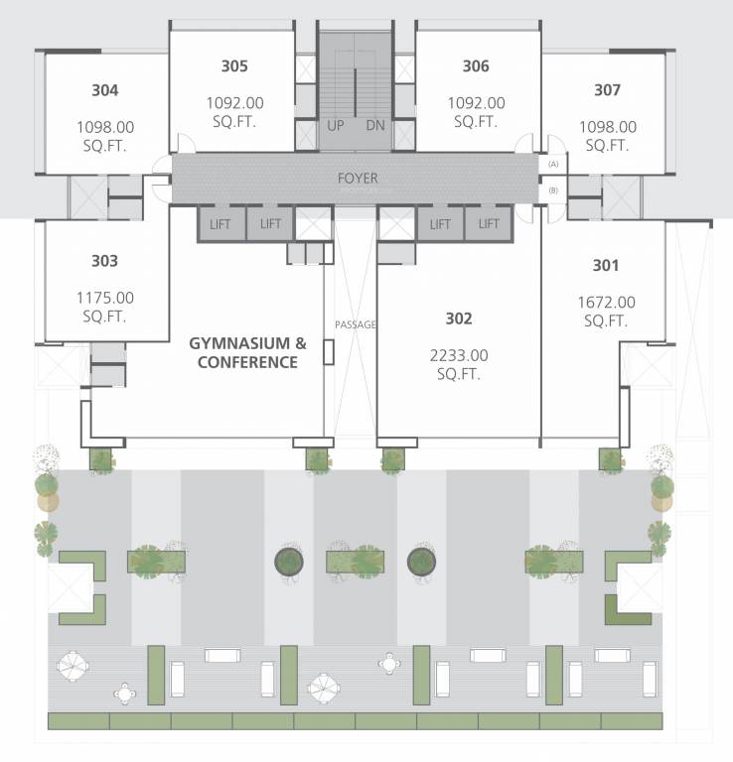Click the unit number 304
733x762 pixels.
104,90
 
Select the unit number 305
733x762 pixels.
234,66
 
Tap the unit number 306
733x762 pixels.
476,66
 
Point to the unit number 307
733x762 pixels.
607,90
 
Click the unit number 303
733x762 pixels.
104,261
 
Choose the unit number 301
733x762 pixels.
605,266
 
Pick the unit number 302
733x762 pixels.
458,318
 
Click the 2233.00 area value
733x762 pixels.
458,354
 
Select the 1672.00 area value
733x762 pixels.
605,302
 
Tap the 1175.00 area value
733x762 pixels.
104,297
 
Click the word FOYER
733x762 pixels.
358,179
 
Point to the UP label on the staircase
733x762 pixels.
336,125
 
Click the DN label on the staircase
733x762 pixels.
374,125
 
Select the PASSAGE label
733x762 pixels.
355,324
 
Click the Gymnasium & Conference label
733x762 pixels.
247,353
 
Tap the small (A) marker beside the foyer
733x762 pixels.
553,164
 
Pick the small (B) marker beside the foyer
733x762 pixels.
553,190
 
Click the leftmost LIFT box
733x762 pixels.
220,224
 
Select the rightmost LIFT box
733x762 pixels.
489,224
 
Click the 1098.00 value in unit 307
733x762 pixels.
607,126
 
